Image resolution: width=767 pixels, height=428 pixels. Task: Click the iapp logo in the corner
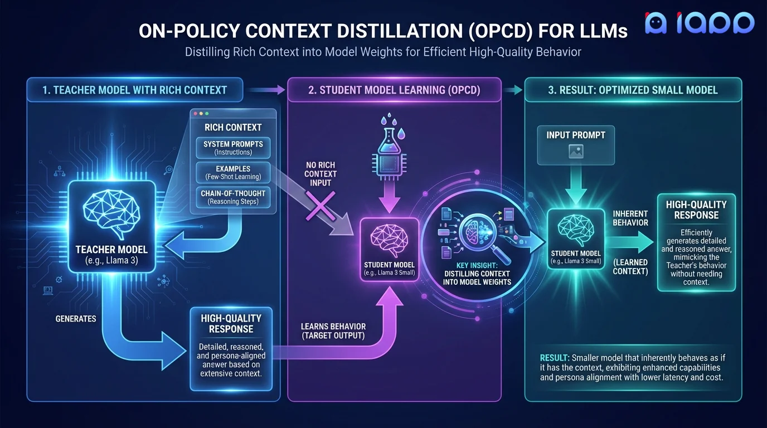click(699, 23)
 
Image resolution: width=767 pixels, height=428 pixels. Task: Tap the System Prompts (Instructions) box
click(234, 148)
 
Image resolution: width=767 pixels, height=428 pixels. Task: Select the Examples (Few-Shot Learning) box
click(234, 173)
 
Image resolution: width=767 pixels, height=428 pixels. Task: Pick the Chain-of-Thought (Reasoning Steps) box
click(234, 197)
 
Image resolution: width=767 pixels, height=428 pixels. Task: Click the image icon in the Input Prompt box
click(576, 151)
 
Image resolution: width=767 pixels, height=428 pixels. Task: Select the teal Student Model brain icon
click(576, 228)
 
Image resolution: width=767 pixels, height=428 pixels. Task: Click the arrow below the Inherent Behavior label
click(630, 241)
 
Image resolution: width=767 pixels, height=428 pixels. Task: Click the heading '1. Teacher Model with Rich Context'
click(135, 90)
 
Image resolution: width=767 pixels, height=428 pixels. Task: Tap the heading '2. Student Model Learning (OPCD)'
click(394, 90)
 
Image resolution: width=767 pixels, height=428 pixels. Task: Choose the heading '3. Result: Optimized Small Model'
click(633, 90)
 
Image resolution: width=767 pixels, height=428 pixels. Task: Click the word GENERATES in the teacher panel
click(76, 319)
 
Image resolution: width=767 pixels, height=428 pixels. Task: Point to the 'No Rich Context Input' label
click(320, 174)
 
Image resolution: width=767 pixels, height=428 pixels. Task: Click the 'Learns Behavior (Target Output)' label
click(333, 331)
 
